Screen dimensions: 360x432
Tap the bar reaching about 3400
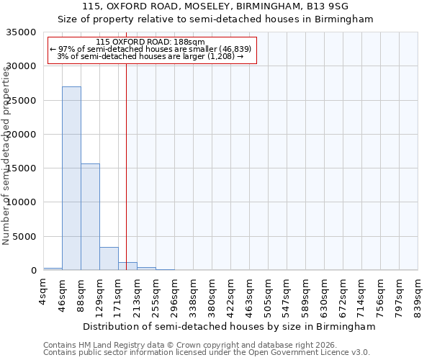109,258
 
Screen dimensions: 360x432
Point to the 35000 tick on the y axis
22,32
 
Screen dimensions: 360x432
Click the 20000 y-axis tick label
22,135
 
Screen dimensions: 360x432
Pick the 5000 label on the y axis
25,237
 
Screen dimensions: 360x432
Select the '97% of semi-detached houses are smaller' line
150,49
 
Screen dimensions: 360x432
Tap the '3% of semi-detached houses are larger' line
150,56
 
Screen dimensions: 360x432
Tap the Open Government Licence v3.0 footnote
302,353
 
